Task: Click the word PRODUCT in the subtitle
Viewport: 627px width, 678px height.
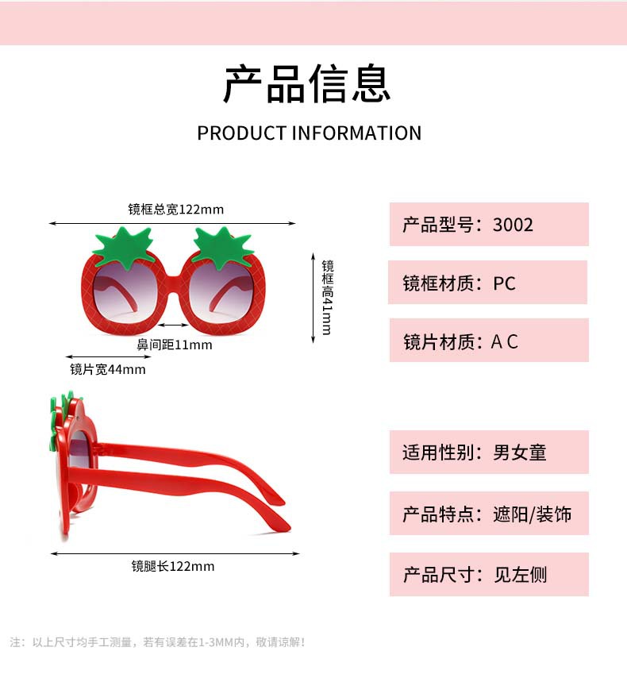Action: point(241,133)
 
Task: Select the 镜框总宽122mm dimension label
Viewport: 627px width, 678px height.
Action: point(176,210)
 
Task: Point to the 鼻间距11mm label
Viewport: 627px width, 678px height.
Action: point(175,345)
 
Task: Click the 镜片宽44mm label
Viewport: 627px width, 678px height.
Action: point(108,369)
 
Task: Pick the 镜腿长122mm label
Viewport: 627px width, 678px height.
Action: point(173,566)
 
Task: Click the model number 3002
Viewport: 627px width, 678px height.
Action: point(513,225)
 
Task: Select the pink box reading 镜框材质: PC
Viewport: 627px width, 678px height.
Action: point(487,283)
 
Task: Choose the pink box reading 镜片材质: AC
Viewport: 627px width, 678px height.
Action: point(488,341)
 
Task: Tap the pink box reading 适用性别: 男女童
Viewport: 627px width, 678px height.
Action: point(488,453)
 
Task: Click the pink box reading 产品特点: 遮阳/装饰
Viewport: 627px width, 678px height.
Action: point(488,514)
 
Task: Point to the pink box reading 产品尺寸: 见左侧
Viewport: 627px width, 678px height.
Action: point(488,574)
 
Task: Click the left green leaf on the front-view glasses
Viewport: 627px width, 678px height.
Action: point(121,245)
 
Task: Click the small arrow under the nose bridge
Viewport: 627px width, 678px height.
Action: point(173,325)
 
